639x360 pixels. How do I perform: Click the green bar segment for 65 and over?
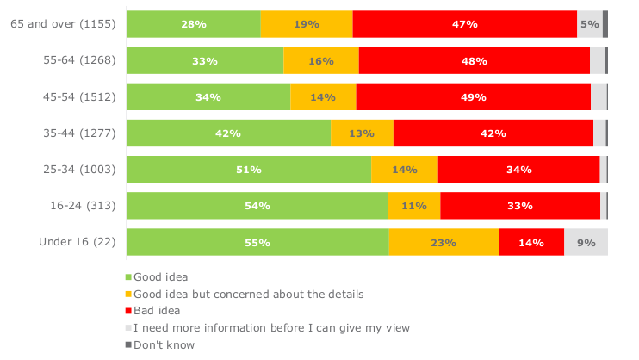pyautogui.click(x=193, y=24)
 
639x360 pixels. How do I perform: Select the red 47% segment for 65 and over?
pyautogui.click(x=464, y=24)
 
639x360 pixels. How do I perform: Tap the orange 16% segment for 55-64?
pyautogui.click(x=320, y=60)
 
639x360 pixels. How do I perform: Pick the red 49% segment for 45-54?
pyautogui.click(x=473, y=96)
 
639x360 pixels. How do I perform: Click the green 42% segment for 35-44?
pyautogui.click(x=228, y=133)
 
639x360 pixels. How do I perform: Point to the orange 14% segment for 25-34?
pyautogui.click(x=404, y=169)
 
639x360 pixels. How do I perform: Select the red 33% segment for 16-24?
pyautogui.click(x=520, y=205)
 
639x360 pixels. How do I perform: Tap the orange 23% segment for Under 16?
pyautogui.click(x=443, y=242)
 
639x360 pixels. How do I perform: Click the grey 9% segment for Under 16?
pyautogui.click(x=586, y=242)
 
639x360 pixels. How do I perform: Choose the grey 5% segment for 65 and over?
pyautogui.click(x=589, y=24)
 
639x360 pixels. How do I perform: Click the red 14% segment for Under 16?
pyautogui.click(x=530, y=242)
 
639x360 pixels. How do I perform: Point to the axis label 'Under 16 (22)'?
pyautogui.click(x=77, y=242)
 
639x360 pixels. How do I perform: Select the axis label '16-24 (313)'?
pyautogui.click(x=77, y=206)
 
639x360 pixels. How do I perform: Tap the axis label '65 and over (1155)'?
pyautogui.click(x=63, y=25)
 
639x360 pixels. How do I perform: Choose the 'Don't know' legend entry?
pyautogui.click(x=164, y=345)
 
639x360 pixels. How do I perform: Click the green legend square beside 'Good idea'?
pyautogui.click(x=129, y=277)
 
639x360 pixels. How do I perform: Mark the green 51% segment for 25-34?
pyautogui.click(x=248, y=169)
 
